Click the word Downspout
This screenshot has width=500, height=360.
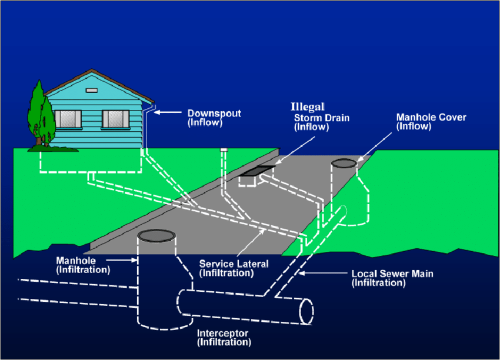214,113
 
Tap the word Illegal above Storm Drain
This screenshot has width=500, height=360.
308,107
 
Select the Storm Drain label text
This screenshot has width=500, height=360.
321,118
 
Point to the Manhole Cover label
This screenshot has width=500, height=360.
431,117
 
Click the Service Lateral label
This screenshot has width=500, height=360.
234,264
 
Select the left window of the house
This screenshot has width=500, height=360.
67,119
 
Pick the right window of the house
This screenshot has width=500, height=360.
115,119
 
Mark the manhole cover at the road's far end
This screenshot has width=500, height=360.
344,162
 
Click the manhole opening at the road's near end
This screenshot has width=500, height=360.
156,236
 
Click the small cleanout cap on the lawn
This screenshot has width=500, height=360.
223,151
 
